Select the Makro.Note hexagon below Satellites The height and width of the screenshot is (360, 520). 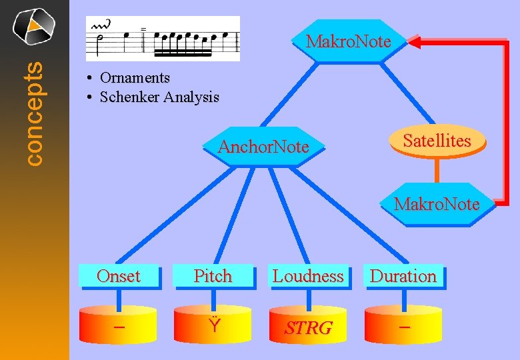pyautogui.click(x=437, y=203)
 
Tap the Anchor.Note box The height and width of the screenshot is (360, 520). pyautogui.click(x=263, y=147)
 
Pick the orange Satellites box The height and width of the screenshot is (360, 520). pyautogui.click(x=437, y=141)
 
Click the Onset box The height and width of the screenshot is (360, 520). pyautogui.click(x=118, y=276)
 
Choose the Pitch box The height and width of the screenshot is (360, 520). pyautogui.click(x=213, y=276)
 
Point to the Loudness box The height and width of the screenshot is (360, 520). pyautogui.click(x=308, y=276)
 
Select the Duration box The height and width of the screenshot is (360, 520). pyautogui.click(x=403, y=276)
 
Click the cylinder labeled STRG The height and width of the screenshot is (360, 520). pyautogui.click(x=308, y=327)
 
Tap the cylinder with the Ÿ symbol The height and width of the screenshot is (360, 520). pyautogui.click(x=213, y=327)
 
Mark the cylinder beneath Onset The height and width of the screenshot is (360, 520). pyautogui.click(x=118, y=327)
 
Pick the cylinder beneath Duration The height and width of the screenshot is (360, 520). pyautogui.click(x=403, y=327)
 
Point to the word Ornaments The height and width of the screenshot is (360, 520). pyautogui.click(x=135, y=78)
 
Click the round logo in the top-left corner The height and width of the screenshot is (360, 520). pyautogui.click(x=34, y=25)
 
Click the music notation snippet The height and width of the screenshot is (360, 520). pyautogui.click(x=163, y=39)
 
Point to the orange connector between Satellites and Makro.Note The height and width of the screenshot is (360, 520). pyautogui.click(x=437, y=172)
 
